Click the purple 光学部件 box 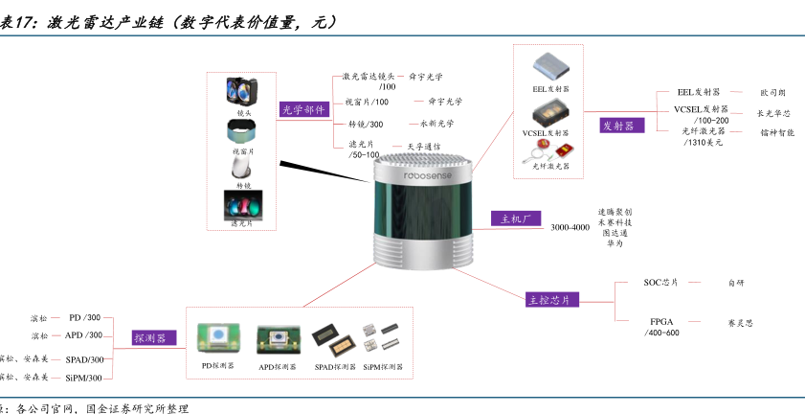(302, 110)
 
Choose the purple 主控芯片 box (553, 299)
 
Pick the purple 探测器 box (150, 337)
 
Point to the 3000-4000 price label (570, 227)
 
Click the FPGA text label (661, 321)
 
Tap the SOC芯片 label (660, 283)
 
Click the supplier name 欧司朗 (772, 93)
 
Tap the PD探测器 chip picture (217, 338)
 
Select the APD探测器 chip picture (275, 340)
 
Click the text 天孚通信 (424, 147)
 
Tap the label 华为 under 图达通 (615, 243)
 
